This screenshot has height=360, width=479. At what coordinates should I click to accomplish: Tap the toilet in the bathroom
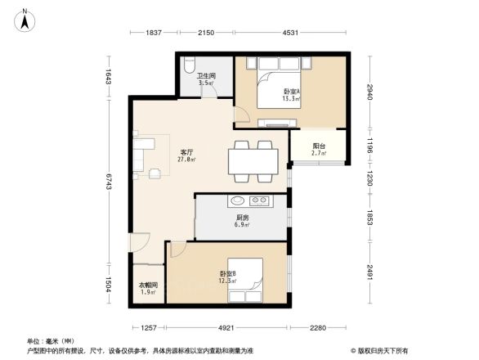pos(190,64)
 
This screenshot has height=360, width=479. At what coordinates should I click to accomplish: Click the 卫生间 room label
pos(205,79)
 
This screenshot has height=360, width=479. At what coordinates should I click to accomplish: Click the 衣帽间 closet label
pos(147,288)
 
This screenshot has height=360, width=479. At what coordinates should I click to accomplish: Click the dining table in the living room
pos(253,159)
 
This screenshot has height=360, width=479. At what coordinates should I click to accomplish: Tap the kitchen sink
pos(238,200)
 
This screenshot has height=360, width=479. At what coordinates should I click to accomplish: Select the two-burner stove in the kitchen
pos(261,200)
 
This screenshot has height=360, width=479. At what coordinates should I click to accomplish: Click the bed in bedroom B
pos(245,278)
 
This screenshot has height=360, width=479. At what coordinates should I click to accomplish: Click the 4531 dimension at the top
pos(290,32)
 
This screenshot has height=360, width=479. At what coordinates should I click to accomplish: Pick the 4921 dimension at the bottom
pos(227,328)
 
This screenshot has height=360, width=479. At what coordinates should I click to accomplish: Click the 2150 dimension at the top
pos(205,32)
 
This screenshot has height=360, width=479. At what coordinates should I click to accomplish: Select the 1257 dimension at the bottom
pos(147,328)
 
